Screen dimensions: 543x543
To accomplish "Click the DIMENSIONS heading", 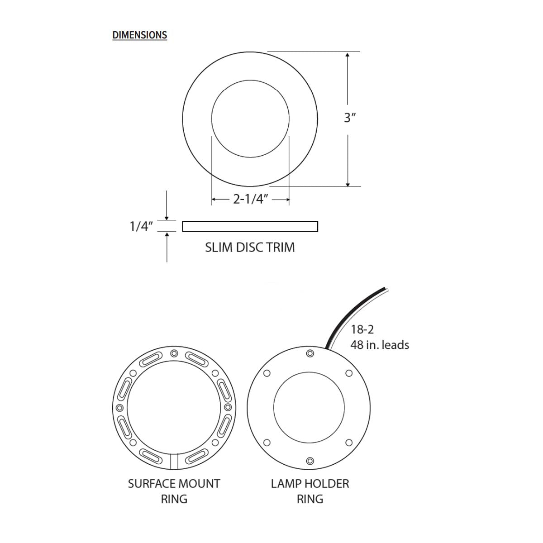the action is coord(139,35).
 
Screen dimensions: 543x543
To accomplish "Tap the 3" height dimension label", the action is coord(350,118).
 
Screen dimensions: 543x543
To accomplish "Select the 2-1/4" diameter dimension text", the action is coord(250,199).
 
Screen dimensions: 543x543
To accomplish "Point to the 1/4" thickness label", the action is coord(141,226).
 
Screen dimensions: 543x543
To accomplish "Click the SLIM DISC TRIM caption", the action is coord(250,248).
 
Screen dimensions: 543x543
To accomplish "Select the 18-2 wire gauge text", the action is coord(362,329).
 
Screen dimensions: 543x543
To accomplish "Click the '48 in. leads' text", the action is coord(380,345).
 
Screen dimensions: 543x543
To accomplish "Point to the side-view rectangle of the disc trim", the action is coord(250,226).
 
